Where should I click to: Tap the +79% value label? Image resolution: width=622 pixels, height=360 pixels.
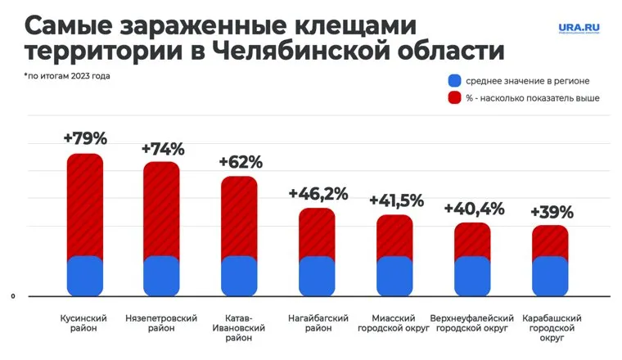(85, 137)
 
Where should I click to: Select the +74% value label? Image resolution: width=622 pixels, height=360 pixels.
(163, 149)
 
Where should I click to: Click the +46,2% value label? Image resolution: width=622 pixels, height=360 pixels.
(318, 194)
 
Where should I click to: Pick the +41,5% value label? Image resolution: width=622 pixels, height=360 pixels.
(396, 200)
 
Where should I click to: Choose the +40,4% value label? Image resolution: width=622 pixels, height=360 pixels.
(473, 208)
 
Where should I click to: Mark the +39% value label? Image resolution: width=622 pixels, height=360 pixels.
(552, 211)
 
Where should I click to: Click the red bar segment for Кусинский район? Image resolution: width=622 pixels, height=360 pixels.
(85, 205)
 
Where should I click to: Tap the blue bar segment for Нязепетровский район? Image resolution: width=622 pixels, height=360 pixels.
(161, 276)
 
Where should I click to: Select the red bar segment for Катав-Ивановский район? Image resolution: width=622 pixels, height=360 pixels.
(240, 216)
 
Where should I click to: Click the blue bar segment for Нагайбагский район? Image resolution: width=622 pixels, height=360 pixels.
(317, 276)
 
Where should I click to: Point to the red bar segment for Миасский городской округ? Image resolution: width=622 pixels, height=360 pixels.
(394, 236)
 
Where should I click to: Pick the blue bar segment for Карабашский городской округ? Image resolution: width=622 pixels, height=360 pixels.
(550, 276)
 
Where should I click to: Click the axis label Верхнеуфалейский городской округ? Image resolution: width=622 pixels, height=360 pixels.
(473, 322)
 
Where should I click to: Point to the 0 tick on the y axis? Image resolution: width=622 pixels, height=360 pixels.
(13, 296)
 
